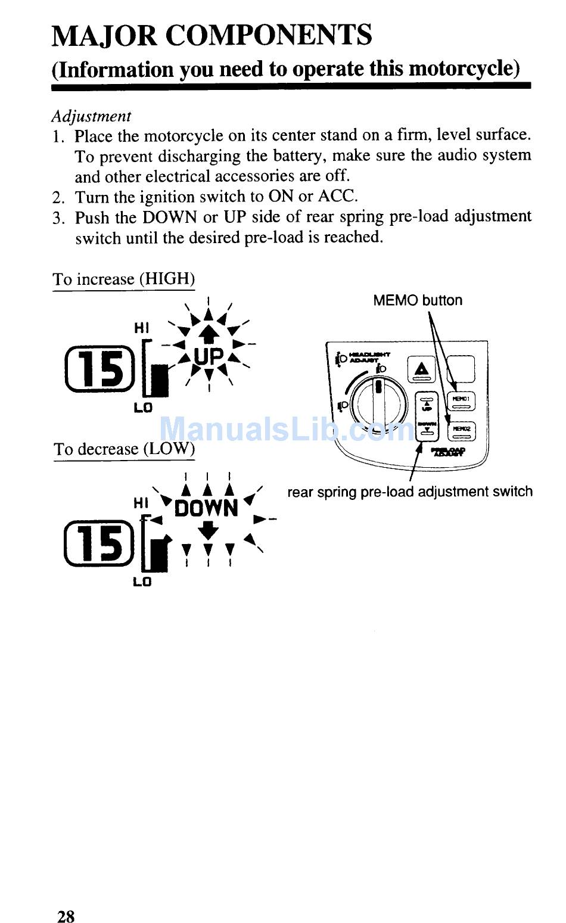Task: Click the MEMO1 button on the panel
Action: (461, 401)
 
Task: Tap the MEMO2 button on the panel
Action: (461, 431)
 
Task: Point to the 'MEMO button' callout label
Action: (417, 300)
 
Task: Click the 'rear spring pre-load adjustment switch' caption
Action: (410, 492)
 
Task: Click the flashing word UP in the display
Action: (209, 357)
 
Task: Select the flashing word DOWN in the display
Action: (207, 508)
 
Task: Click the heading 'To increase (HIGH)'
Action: (123, 279)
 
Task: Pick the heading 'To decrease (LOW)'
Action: (124, 449)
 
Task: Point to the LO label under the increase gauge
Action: (143, 408)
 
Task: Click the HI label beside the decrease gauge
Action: (141, 504)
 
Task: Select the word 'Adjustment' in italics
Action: (91, 116)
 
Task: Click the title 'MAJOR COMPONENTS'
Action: (212, 35)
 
